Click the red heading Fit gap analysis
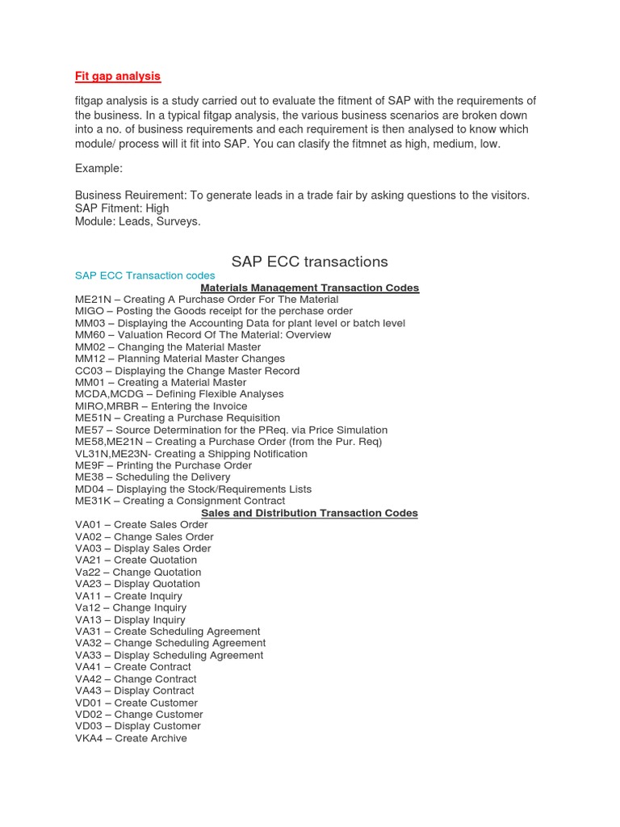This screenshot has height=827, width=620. (118, 76)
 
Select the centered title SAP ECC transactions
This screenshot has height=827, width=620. (309, 262)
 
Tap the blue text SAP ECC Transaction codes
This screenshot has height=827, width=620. (145, 275)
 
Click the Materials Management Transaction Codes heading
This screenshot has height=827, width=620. (309, 288)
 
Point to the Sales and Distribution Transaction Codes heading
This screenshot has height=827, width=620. (309, 513)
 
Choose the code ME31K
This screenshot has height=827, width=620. (93, 501)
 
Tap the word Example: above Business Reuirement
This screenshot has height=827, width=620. (99, 168)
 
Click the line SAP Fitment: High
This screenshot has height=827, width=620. (122, 208)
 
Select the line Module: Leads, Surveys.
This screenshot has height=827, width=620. (137, 221)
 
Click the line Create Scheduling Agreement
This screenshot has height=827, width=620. (186, 632)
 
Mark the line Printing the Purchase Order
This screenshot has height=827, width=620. (184, 465)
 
